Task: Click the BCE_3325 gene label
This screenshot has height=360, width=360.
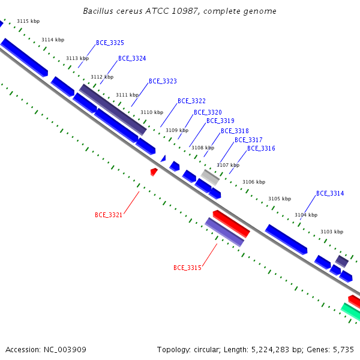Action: tap(110, 43)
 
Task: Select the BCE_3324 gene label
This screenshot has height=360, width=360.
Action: tap(132, 59)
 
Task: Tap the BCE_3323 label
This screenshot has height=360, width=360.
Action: tap(163, 81)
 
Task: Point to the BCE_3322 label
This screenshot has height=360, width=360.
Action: tap(192, 101)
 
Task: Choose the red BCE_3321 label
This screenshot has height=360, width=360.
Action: tap(109, 215)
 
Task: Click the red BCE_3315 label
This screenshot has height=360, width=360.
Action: tap(187, 268)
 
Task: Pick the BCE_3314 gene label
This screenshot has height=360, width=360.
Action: tap(330, 194)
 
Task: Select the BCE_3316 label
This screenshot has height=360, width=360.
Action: tap(261, 149)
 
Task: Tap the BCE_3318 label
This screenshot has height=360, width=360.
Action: tap(235, 131)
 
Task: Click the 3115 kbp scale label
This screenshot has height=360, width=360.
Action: tap(28, 22)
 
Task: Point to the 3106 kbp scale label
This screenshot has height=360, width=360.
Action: tap(254, 182)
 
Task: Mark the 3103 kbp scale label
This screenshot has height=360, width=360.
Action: tap(332, 232)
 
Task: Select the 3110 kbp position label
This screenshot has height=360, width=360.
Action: tap(152, 113)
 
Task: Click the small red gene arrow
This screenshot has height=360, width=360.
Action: tap(154, 172)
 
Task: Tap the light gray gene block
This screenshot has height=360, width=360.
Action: tap(210, 177)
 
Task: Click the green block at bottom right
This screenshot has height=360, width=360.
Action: tap(351, 311)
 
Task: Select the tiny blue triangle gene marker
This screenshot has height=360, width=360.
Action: tap(163, 158)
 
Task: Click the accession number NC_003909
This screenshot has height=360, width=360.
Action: tap(65, 350)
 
